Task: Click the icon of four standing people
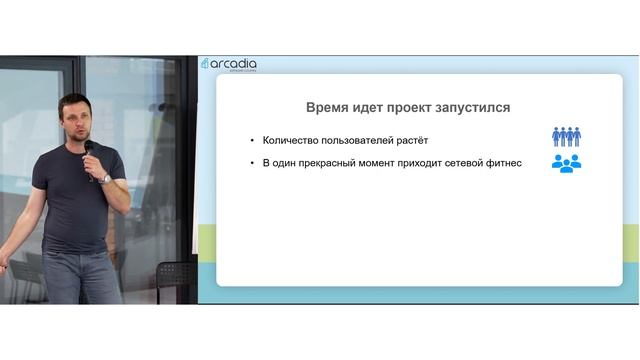[x=567, y=137]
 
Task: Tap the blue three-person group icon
[x=567, y=163]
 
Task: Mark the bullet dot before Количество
[x=252, y=140]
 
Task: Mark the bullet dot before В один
[x=252, y=164]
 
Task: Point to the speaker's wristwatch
[x=106, y=179]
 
